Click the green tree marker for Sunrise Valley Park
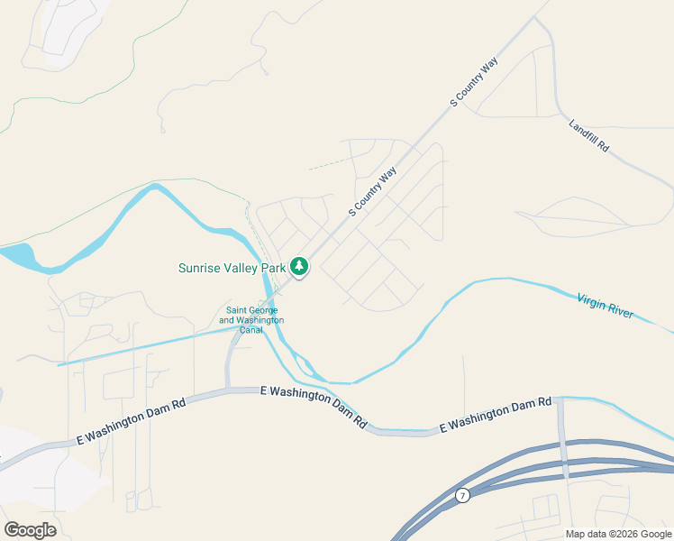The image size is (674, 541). [x=299, y=267]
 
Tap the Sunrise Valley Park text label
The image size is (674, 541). [x=232, y=268]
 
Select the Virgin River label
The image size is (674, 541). [x=606, y=306]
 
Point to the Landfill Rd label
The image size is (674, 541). [x=589, y=134]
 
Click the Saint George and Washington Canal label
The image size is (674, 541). [x=251, y=320]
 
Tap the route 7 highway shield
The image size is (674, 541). [x=462, y=495]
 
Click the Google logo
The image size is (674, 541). [x=30, y=529]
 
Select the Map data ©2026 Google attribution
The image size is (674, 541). [x=618, y=534]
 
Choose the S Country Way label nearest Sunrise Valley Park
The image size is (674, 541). [x=373, y=190]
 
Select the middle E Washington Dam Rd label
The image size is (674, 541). [x=314, y=407]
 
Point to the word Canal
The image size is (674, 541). [x=251, y=330]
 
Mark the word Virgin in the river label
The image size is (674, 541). [x=590, y=300]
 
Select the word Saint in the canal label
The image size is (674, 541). [x=236, y=311]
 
